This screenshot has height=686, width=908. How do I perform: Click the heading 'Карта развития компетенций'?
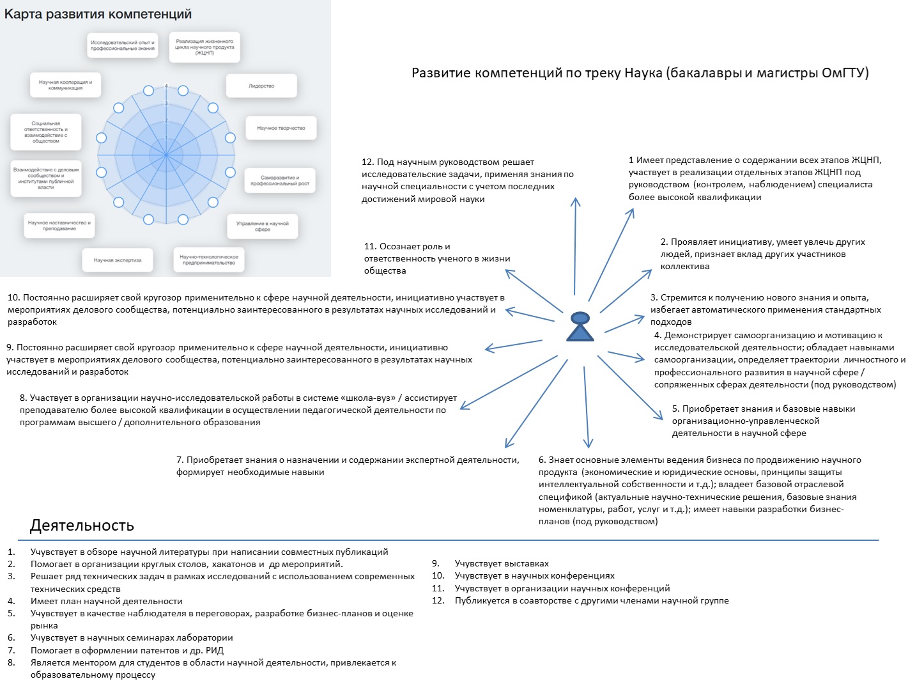coord(98,14)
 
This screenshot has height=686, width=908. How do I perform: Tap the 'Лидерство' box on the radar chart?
coord(261,86)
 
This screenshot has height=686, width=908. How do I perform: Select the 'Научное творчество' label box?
coord(281,128)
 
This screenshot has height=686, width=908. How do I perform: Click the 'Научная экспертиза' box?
coord(118,260)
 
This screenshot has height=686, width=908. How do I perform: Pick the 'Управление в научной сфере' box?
coord(263,226)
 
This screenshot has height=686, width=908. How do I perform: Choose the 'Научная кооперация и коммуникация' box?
coord(65,85)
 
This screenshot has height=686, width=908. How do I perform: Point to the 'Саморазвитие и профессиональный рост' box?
coord(280,181)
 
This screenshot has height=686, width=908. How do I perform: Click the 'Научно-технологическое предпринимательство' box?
coord(209,260)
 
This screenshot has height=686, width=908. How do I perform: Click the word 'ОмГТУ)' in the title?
coord(845,73)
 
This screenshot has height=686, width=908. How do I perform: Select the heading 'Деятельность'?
coord(82,526)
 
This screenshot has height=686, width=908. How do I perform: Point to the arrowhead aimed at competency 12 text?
coord(576,201)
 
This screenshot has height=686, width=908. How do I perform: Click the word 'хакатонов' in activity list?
coord(234,564)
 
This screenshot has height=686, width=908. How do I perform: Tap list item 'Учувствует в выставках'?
coord(502,563)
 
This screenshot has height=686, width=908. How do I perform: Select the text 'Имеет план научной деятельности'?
coord(106,601)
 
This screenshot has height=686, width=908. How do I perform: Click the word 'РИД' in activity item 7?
coord(215,650)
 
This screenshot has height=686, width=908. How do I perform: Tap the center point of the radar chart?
coord(165,155)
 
